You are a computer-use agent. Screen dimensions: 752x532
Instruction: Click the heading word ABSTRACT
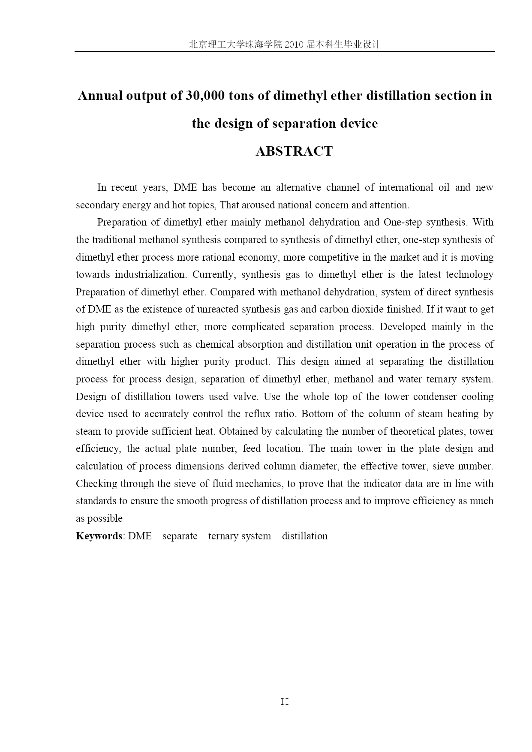(294, 151)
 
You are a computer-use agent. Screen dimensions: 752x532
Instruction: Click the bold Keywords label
(99, 536)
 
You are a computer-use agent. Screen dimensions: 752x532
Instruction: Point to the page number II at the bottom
(285, 702)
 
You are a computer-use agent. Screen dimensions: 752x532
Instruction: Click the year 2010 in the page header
(293, 45)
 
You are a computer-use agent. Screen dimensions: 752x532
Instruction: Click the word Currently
(214, 275)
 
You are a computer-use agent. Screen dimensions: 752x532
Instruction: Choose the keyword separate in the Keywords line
(180, 536)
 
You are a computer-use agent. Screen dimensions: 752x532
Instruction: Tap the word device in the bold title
(358, 123)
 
